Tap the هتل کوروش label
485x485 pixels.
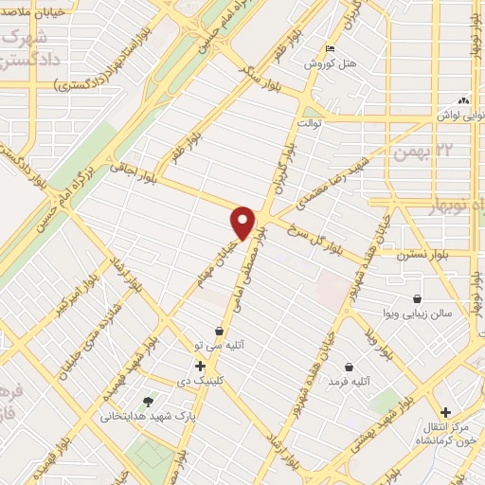click(329, 64)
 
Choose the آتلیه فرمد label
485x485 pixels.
click(347, 381)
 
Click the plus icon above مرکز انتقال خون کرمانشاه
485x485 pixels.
click(445, 411)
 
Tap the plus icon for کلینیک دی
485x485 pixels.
click(200, 366)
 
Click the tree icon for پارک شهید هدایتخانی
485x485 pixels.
click(146, 401)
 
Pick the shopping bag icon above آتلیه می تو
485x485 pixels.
click(220, 332)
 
